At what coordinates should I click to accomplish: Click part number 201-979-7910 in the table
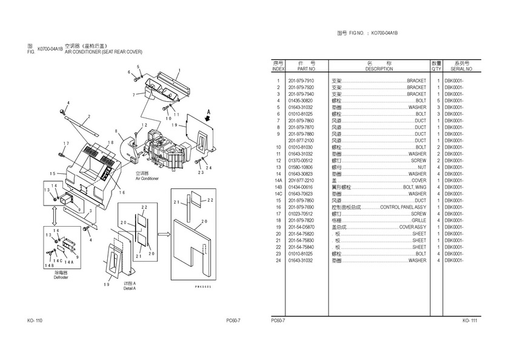301,81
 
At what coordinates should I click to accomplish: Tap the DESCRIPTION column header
379,69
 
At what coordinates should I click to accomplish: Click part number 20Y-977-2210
301,181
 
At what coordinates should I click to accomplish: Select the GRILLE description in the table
419,220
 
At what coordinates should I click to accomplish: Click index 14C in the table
278,194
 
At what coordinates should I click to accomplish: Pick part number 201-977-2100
301,141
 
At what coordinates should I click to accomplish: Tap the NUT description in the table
421,167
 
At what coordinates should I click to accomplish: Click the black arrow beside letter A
208,119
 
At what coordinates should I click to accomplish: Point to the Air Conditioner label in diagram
147,179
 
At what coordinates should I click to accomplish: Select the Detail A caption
129,288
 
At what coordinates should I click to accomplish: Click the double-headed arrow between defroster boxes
56,216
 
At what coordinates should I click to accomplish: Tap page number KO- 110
35,320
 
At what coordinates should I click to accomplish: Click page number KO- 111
470,320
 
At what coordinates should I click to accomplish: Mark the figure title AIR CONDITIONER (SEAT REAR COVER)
103,52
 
